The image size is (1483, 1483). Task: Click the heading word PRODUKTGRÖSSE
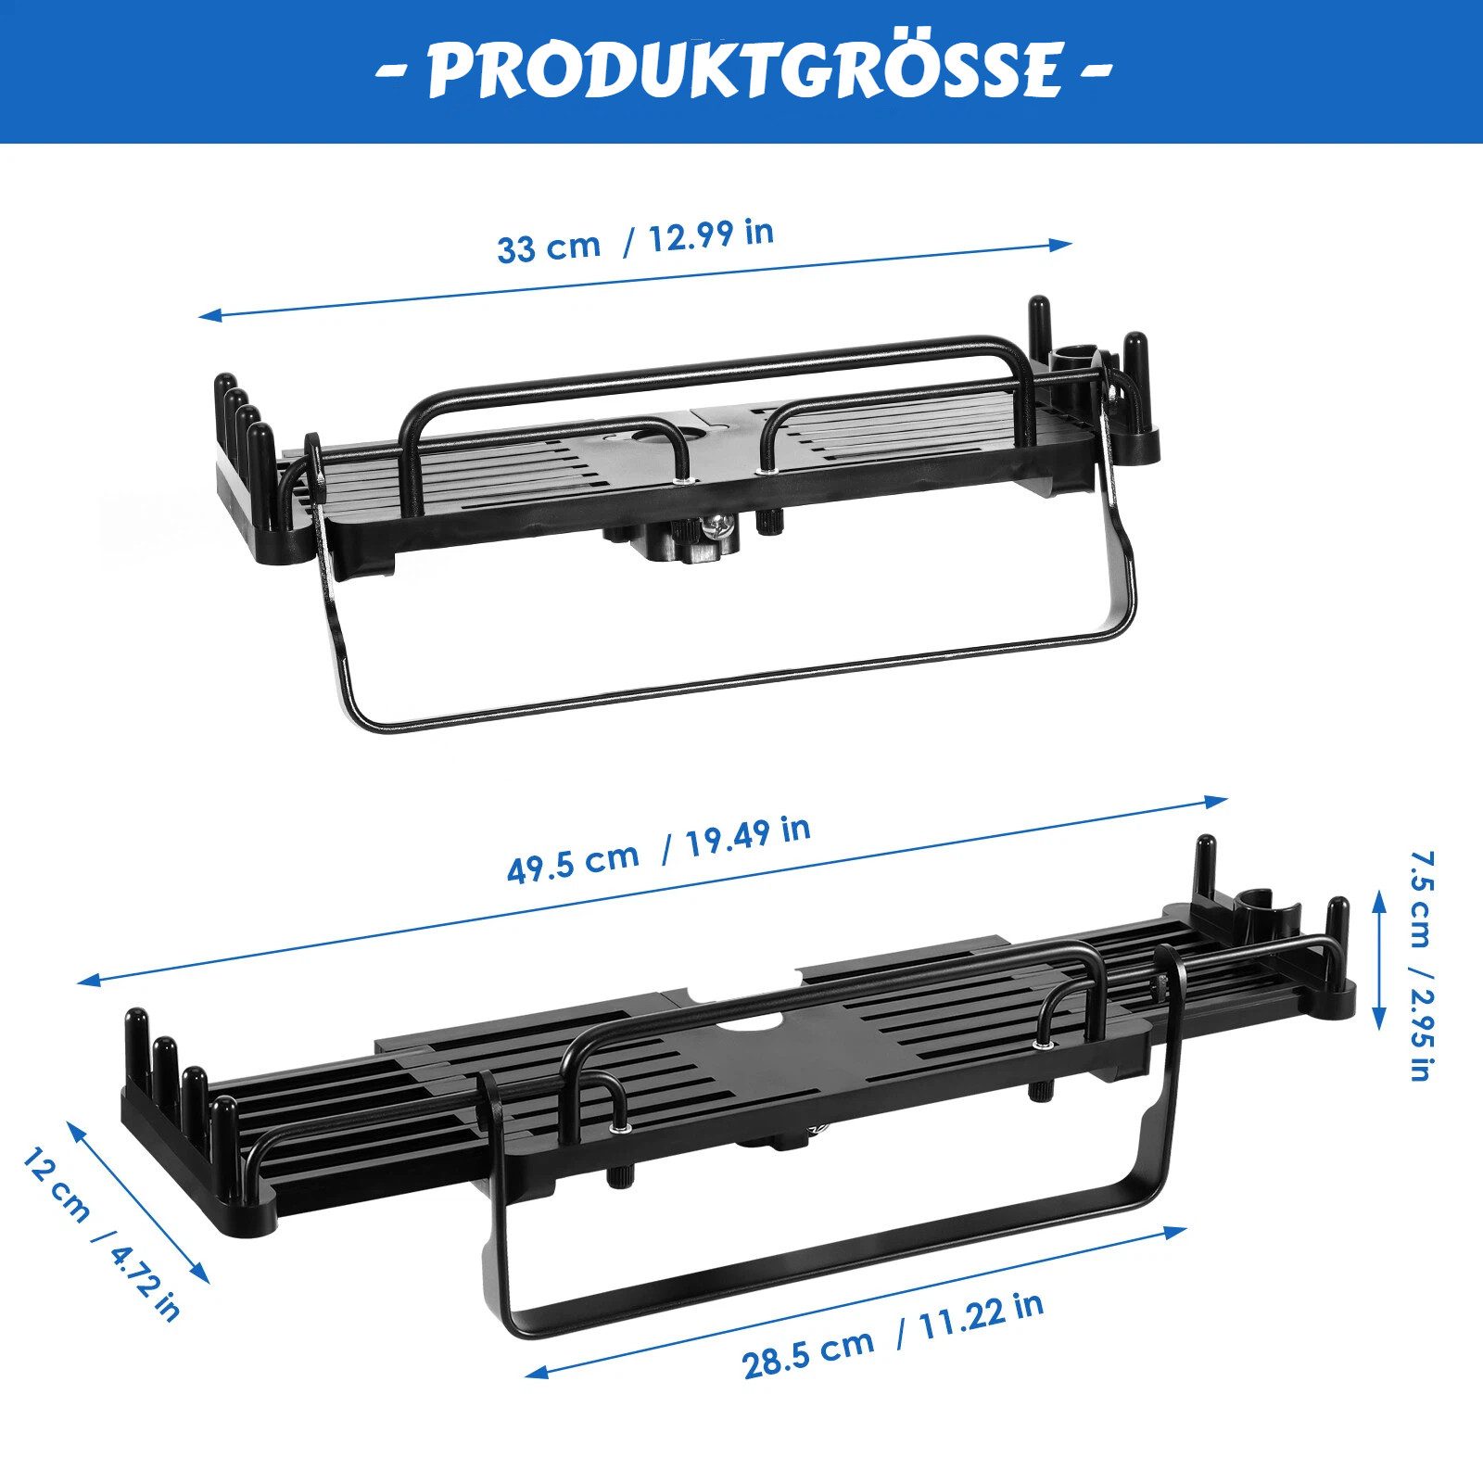743,70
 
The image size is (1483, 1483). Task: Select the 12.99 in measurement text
710,235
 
